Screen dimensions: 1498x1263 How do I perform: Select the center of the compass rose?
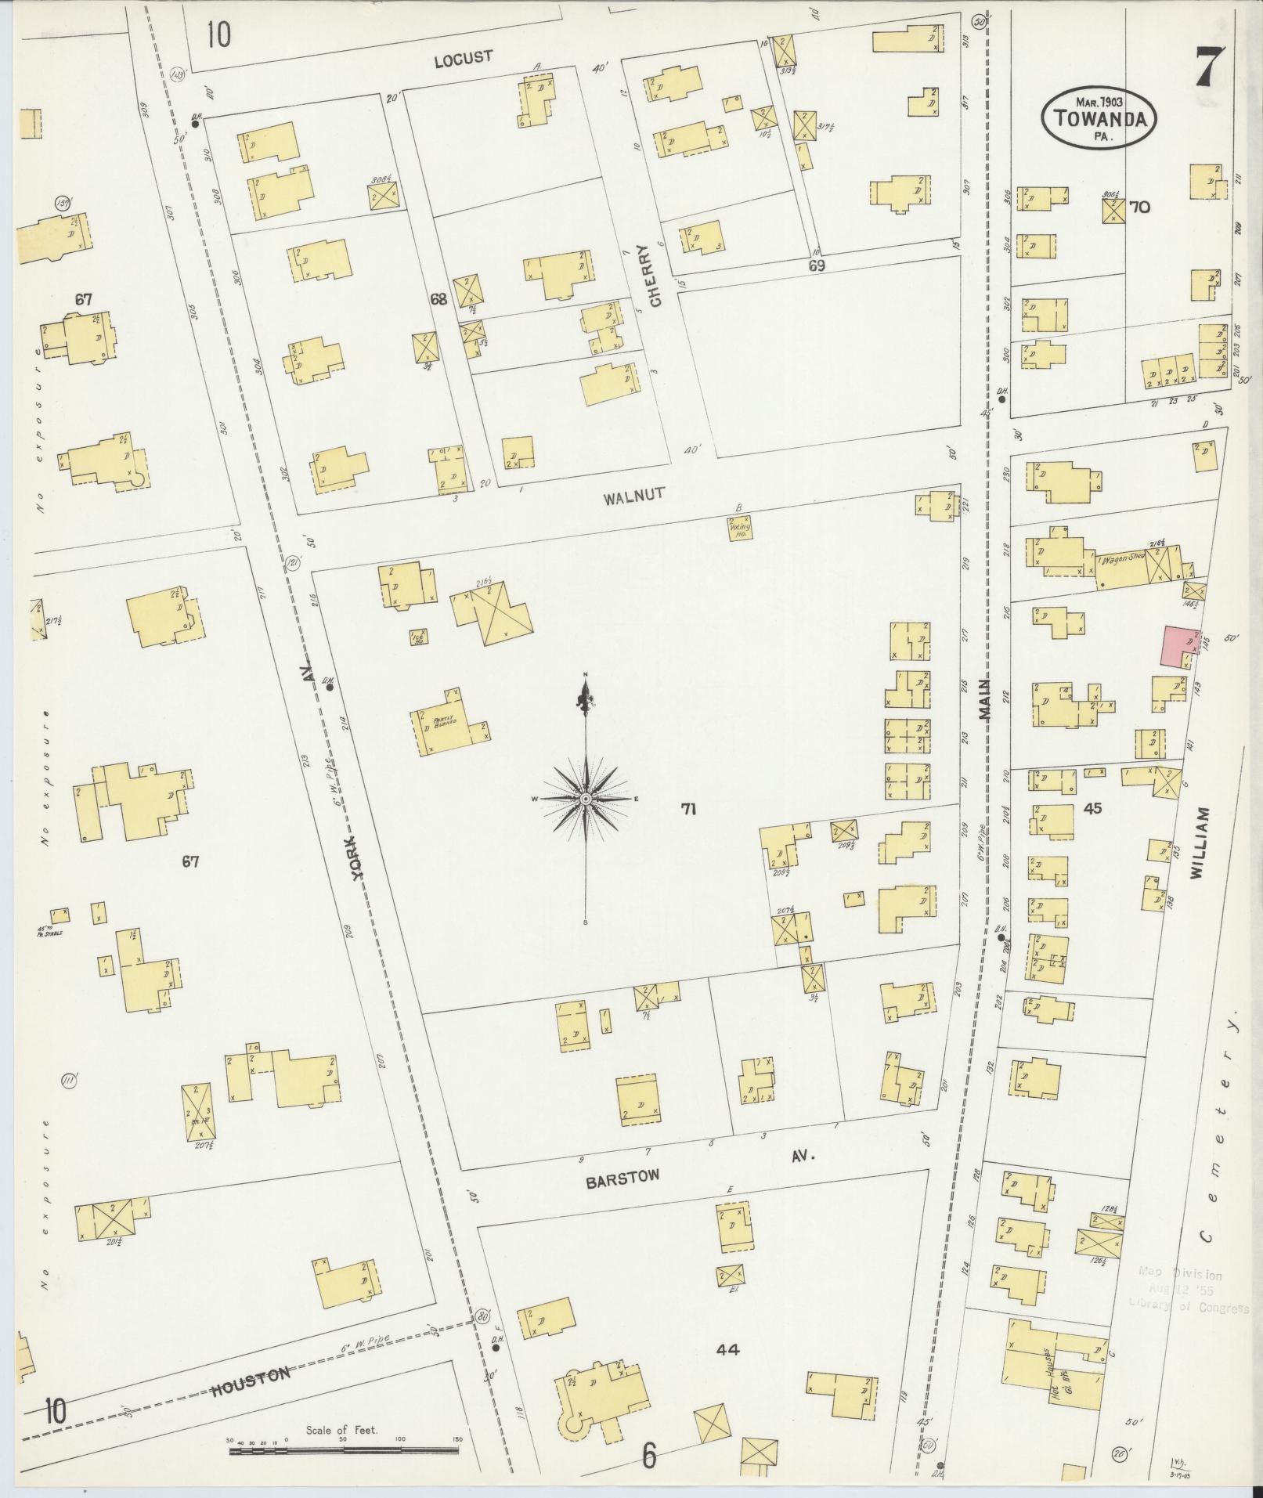tap(586, 798)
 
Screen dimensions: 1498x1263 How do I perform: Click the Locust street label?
tap(464, 56)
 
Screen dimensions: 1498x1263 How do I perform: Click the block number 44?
tap(727, 1349)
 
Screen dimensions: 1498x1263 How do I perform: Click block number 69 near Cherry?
tap(817, 267)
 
